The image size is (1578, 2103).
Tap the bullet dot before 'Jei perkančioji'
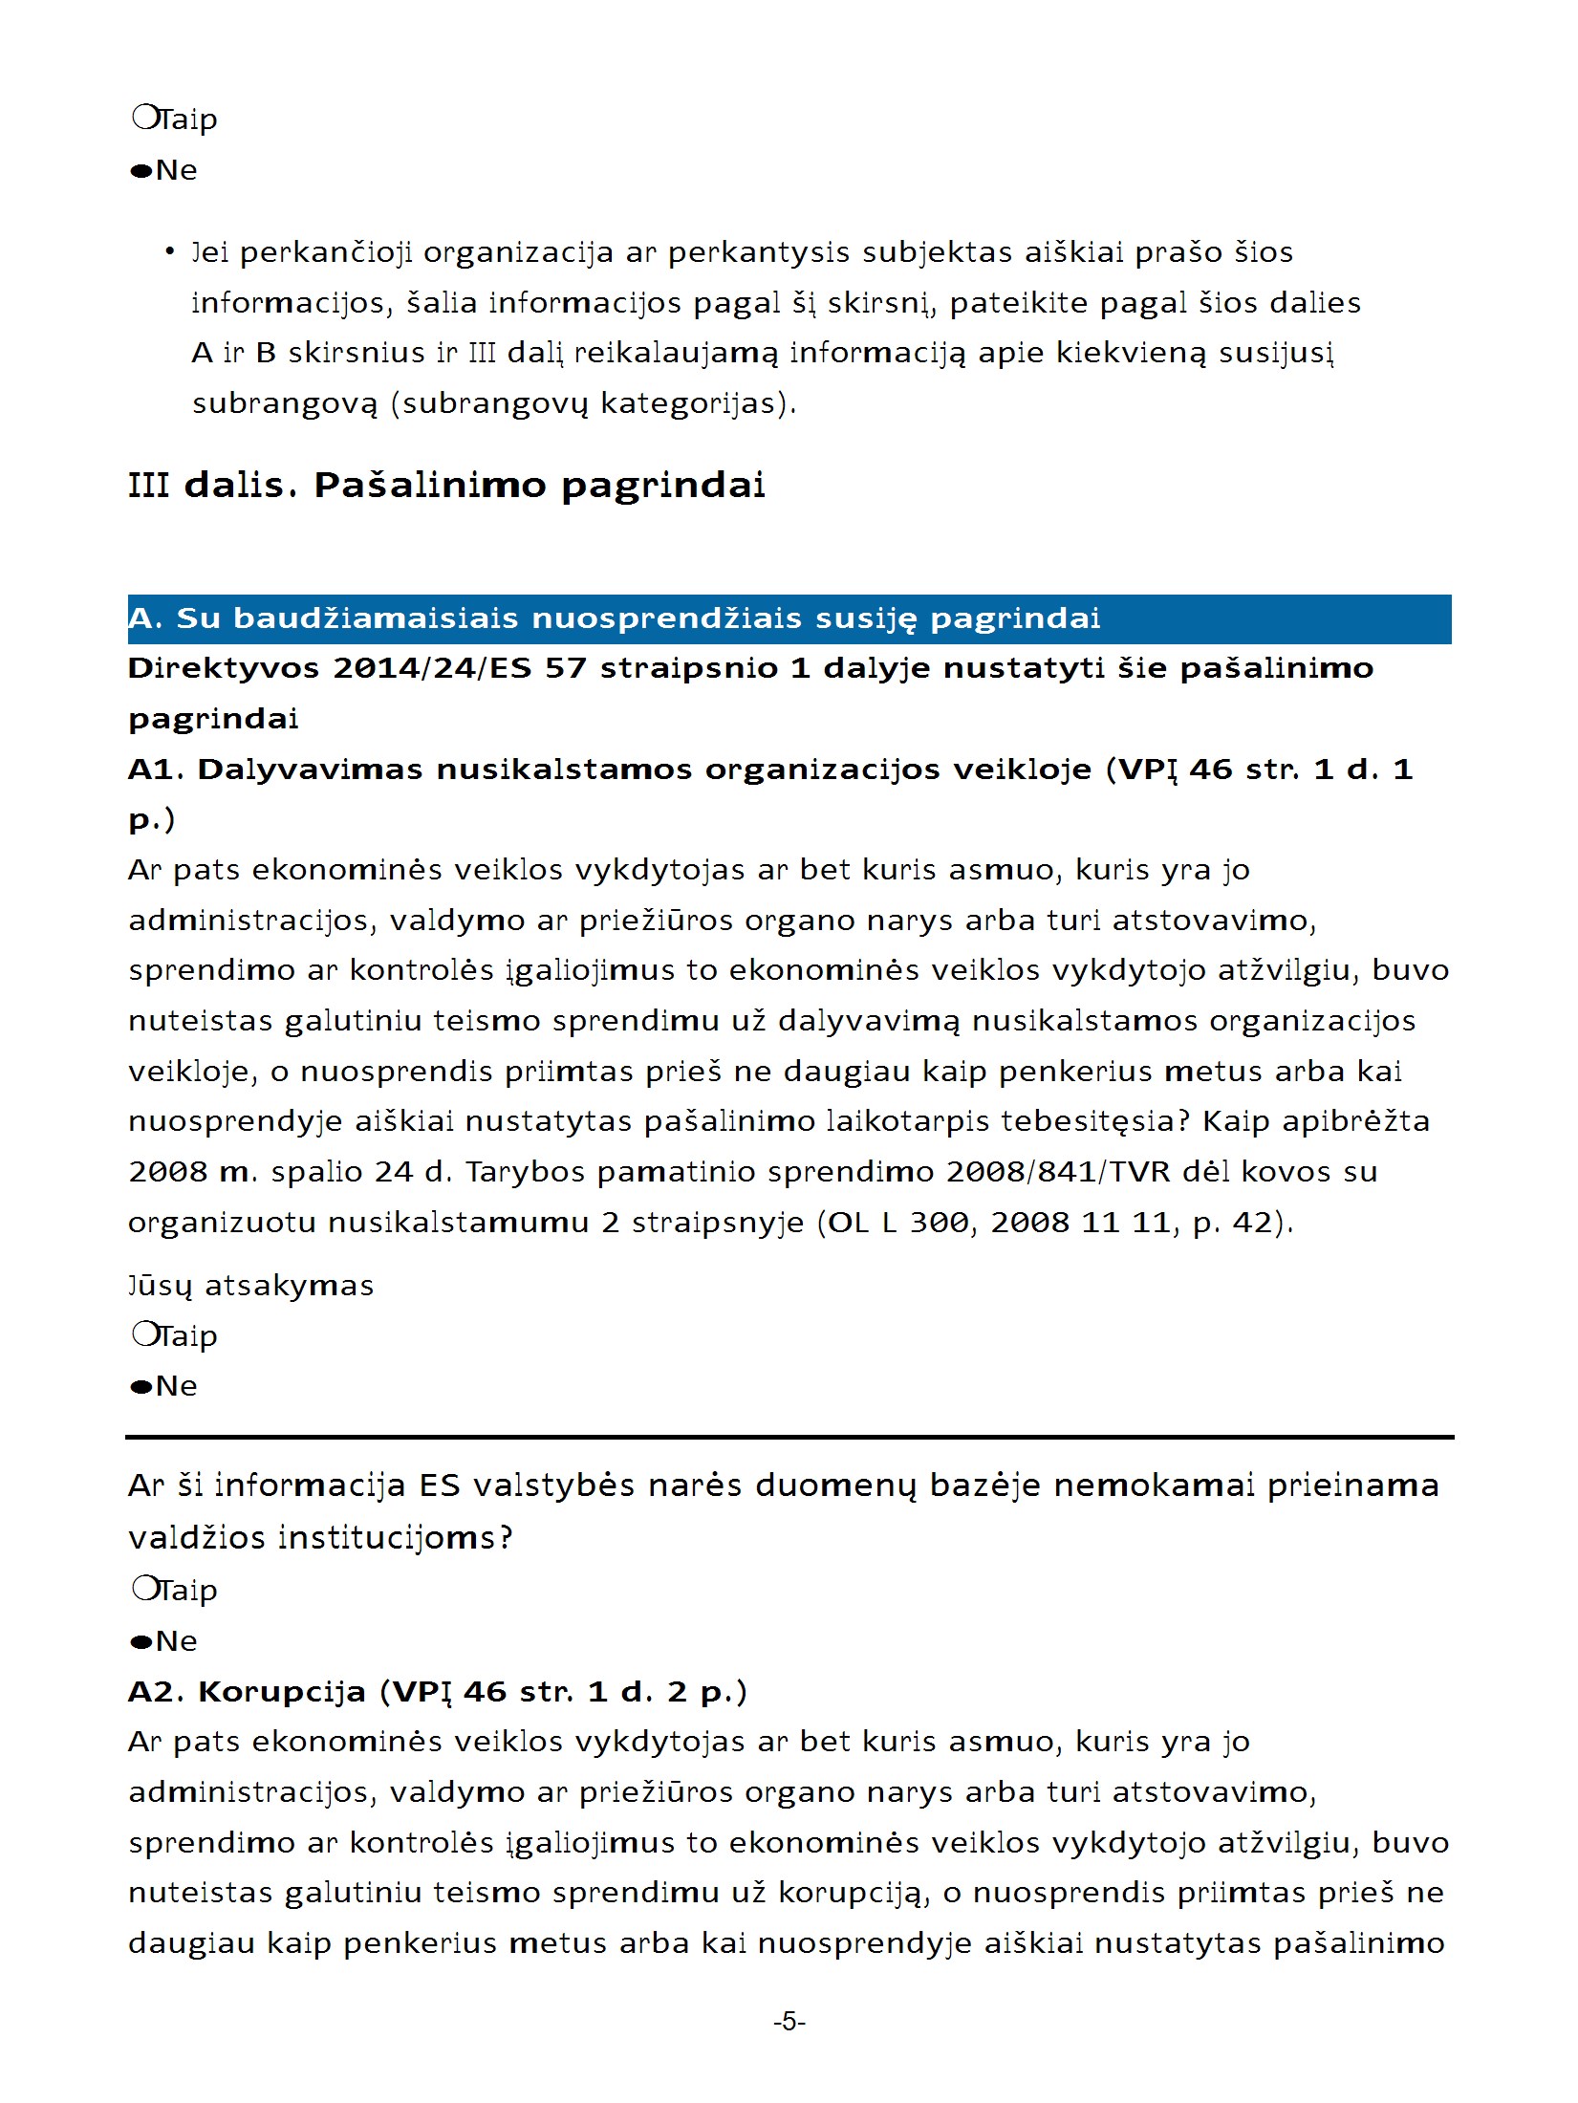pyautogui.click(x=169, y=252)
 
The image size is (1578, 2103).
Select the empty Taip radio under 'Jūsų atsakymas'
pyautogui.click(x=144, y=1333)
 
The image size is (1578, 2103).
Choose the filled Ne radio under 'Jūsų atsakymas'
pyautogui.click(x=142, y=1387)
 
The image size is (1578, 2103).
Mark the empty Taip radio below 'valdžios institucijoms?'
pyautogui.click(x=144, y=1588)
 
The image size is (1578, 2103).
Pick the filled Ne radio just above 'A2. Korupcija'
pyautogui.click(x=142, y=1642)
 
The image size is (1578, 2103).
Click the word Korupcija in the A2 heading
pyautogui.click(x=282, y=1692)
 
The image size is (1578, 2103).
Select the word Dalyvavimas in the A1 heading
pyautogui.click(x=310, y=770)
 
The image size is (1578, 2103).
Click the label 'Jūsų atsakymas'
pyautogui.click(x=250, y=1286)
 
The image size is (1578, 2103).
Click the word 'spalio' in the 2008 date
pyautogui.click(x=316, y=1172)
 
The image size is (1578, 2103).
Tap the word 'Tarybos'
pyautogui.click(x=525, y=1172)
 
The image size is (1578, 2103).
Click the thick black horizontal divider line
pyautogui.click(x=789, y=1437)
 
